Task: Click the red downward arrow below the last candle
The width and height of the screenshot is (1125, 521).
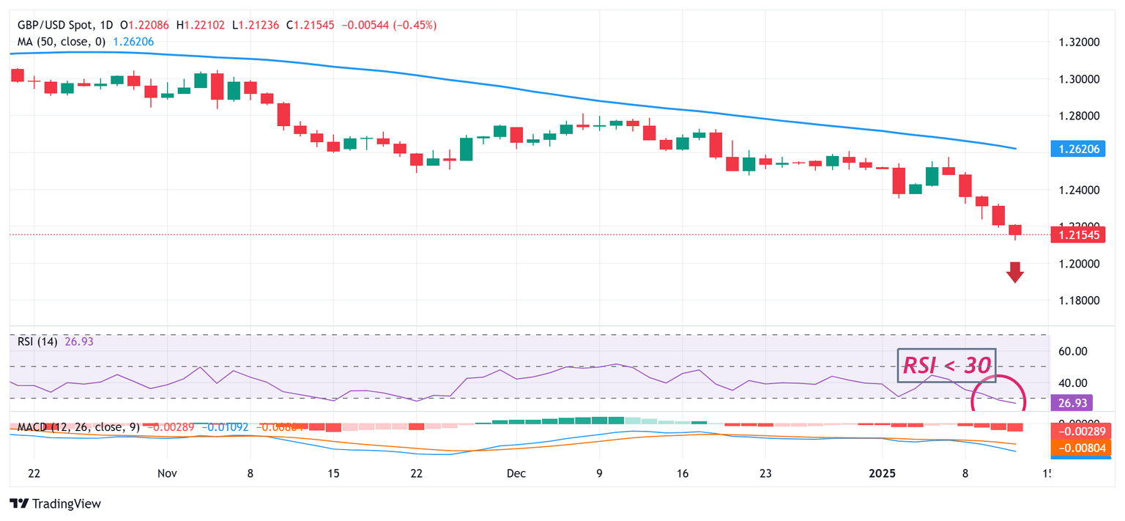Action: pos(1014,272)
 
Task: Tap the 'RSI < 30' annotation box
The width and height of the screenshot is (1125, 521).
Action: pos(946,365)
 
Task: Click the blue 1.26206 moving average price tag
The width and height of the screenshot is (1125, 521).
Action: pos(1077,149)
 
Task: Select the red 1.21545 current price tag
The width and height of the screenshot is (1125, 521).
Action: pos(1077,234)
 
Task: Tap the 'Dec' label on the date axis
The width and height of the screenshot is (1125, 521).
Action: pos(516,473)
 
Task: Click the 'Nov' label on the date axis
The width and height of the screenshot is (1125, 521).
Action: pos(168,473)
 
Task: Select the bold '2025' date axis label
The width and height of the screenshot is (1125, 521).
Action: pos(883,473)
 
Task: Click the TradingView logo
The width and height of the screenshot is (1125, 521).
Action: pos(55,503)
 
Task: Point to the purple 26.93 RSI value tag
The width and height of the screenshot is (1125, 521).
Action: pos(1072,402)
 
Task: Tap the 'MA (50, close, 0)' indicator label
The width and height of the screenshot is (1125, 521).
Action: pos(61,42)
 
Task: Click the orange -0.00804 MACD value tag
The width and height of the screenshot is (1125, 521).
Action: pos(1077,448)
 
